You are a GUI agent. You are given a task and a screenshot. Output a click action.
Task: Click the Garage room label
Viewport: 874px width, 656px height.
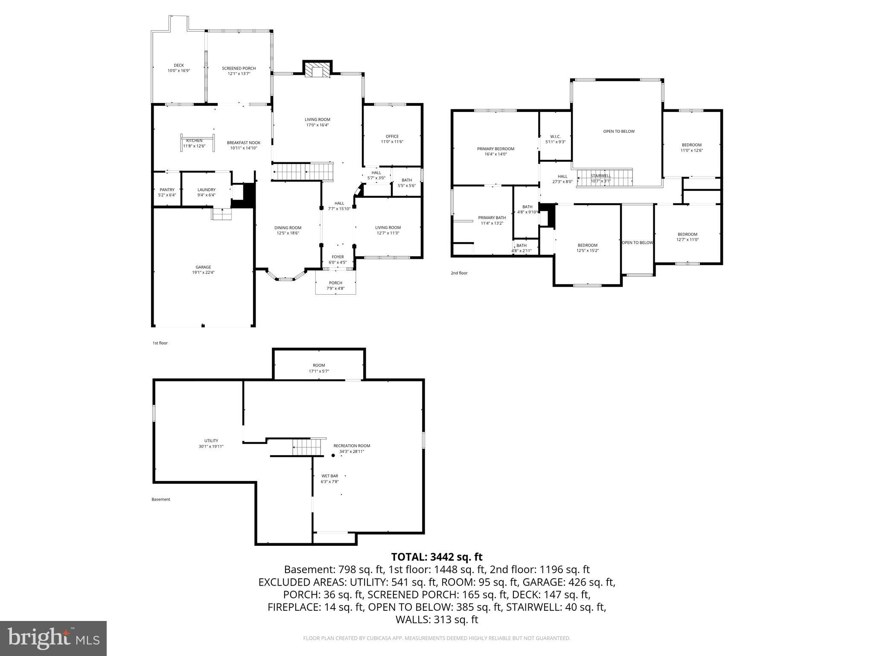203,267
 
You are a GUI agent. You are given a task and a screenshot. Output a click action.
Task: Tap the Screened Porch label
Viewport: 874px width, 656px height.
239,68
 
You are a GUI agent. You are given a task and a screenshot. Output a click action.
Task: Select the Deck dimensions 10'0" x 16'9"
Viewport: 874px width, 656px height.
178,71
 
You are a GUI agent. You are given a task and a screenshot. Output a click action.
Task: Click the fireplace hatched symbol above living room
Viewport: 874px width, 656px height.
318,72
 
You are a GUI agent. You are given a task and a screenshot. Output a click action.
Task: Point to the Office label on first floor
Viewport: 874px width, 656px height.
392,136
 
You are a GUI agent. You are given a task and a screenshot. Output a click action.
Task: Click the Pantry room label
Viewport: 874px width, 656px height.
167,190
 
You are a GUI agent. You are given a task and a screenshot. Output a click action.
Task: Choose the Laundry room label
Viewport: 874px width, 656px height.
206,190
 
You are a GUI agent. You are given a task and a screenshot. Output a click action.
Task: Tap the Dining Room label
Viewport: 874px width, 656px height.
288,228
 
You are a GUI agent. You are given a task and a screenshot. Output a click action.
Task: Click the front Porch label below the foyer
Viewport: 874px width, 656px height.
335,283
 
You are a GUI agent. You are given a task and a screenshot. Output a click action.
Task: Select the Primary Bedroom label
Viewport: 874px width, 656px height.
495,149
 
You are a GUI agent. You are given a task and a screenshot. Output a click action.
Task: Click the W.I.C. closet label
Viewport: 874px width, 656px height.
555,137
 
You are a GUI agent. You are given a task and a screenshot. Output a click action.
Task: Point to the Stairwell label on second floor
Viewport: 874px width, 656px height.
600,176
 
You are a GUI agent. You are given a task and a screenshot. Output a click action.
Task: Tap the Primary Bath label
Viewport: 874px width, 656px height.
492,217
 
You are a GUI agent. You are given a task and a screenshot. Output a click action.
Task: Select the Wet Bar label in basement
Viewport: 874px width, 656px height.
329,476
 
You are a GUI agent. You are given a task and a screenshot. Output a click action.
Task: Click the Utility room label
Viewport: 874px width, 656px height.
211,441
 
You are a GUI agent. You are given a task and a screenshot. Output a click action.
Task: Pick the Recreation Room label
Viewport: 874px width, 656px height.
352,445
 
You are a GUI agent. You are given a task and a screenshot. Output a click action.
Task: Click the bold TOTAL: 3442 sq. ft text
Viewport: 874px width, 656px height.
437,557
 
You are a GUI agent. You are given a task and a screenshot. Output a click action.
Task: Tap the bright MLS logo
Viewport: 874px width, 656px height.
53,638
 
